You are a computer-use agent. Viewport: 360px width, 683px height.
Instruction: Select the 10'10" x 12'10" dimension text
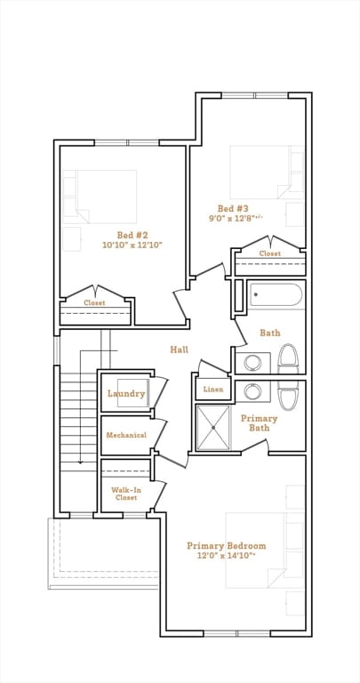pos(132,245)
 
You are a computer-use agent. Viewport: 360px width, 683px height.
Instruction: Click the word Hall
pos(179,350)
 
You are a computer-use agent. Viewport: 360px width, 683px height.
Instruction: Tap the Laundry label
pos(126,394)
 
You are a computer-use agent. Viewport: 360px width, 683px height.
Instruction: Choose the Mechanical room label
pos(126,435)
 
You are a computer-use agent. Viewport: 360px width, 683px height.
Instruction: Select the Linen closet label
pos(213,390)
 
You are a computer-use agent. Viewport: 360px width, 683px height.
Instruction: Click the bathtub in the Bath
pos(276,295)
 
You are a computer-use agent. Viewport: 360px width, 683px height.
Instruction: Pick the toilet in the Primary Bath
pos(288,396)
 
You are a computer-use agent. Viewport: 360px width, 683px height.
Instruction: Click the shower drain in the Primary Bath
pos(213,428)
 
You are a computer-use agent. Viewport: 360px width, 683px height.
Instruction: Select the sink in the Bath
pos(252,363)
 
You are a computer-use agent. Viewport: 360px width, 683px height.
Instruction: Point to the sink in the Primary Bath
pos(252,391)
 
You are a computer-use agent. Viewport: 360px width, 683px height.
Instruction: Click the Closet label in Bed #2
pos(94,302)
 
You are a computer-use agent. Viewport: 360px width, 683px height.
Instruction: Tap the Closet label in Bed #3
pos(270,253)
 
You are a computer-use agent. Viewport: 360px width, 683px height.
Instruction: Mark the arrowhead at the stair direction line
pos(80,462)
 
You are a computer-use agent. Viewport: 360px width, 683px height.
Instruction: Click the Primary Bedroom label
pos(227,546)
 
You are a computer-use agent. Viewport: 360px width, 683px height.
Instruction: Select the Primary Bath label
pos(259,423)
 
